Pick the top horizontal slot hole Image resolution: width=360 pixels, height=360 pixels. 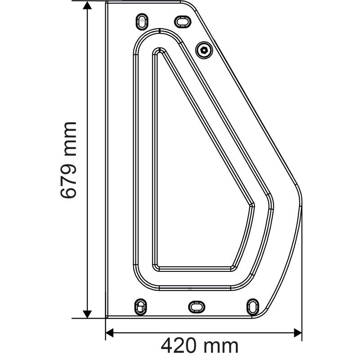[182, 21]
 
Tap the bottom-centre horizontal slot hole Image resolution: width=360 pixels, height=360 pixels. [196, 306]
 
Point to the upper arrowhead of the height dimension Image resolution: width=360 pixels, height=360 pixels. [88, 5]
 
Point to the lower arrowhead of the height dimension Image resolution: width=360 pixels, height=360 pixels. [88, 313]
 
